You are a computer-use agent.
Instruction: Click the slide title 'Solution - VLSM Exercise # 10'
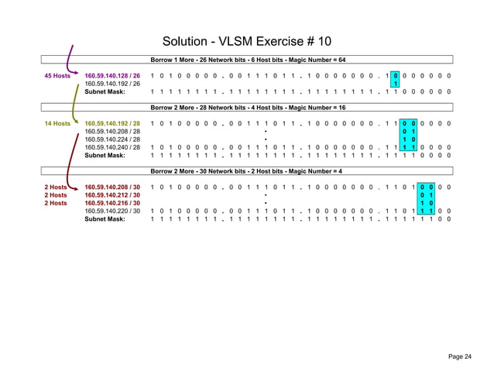coord(247,40)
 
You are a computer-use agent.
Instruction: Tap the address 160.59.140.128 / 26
coord(112,75)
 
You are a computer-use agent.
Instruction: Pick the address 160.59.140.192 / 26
coord(112,83)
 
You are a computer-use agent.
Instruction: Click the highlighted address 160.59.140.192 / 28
coord(112,123)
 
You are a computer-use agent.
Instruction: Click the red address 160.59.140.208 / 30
coord(112,188)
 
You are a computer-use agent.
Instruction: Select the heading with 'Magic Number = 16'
coord(248,108)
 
